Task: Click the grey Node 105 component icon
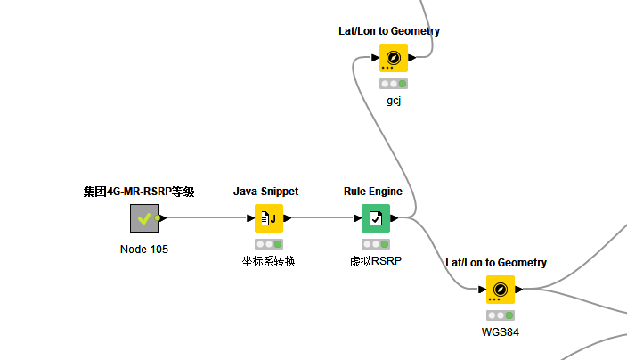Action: point(143,217)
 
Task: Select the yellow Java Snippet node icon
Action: point(268,217)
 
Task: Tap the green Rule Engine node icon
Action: point(375,217)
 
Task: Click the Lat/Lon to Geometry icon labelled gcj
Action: point(393,58)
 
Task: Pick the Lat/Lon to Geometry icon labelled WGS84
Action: point(500,289)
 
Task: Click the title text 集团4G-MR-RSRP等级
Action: point(139,192)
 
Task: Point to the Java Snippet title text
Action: point(265,192)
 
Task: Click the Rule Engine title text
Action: point(373,192)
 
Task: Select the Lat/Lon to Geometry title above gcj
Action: point(389,31)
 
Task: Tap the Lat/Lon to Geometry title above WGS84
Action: point(496,263)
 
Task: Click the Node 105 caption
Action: point(143,249)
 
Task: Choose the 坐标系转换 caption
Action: point(268,261)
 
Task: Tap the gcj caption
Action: point(394,101)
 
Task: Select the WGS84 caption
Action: point(500,332)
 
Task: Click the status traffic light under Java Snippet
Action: point(268,243)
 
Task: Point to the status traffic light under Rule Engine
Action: point(375,243)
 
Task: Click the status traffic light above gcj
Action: point(393,84)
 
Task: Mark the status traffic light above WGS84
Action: point(500,315)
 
